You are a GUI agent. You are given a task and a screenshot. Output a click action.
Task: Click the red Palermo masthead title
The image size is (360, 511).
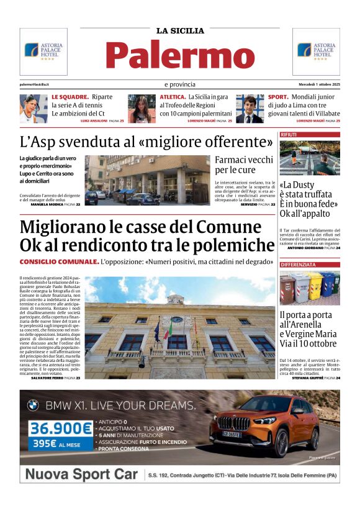(180, 54)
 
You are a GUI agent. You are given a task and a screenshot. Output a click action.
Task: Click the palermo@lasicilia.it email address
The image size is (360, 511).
(34, 84)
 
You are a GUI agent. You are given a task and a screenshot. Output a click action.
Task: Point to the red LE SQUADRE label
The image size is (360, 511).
(70, 97)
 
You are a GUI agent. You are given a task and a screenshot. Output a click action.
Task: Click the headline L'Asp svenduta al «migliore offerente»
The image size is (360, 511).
(146, 141)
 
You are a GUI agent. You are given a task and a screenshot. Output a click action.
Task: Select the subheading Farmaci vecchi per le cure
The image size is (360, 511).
(244, 165)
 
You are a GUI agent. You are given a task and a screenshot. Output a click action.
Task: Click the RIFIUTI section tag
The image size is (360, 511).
(289, 135)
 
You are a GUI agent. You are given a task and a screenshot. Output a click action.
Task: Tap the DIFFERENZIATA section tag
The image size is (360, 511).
(298, 265)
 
